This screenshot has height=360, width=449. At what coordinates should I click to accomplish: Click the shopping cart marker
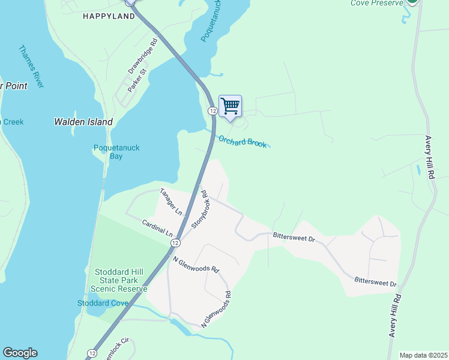[x=230, y=106]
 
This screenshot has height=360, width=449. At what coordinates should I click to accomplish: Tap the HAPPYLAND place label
[x=109, y=16]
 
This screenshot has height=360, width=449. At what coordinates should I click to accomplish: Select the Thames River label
[x=31, y=67]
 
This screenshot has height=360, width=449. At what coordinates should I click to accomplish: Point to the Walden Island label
[x=83, y=122]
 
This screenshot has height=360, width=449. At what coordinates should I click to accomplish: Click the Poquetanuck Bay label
[x=108, y=152]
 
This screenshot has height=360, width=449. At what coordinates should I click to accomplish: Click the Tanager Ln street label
[x=170, y=202]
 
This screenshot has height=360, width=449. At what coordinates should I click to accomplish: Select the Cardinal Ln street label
[x=157, y=227]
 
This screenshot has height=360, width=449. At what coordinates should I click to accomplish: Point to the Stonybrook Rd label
[x=199, y=209]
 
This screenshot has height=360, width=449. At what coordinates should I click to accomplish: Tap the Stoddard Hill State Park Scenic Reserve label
[x=118, y=280]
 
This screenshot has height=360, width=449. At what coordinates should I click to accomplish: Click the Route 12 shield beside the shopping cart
[x=212, y=111]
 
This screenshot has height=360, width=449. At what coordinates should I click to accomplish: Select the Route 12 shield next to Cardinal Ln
[x=175, y=242]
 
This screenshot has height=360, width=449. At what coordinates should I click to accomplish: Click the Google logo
[x=20, y=353]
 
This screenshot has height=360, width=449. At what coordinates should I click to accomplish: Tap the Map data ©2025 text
[x=423, y=355]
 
